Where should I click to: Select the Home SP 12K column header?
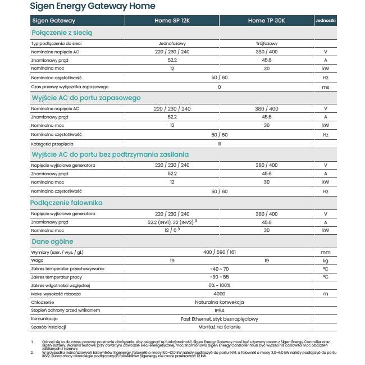coord(172,21)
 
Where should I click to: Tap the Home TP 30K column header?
coord(267,21)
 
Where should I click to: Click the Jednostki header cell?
coord(326,20)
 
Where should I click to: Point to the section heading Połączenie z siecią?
coord(62,33)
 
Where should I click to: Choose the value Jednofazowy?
coord(172,43)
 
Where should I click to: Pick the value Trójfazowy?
coord(267,43)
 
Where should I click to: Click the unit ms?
coord(325,87)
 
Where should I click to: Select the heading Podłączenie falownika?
coord(67,203)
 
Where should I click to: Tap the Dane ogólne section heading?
coord(52,241)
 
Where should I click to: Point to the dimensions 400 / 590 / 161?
coord(219,253)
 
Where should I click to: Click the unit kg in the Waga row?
coord(325,261)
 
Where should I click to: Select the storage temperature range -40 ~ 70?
coord(219,270)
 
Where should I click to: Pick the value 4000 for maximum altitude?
coord(219,294)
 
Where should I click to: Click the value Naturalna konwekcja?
coord(219,302)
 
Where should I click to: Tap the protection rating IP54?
coord(219,311)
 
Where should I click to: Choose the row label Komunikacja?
coord(44,319)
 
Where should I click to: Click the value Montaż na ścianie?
coord(219,327)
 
